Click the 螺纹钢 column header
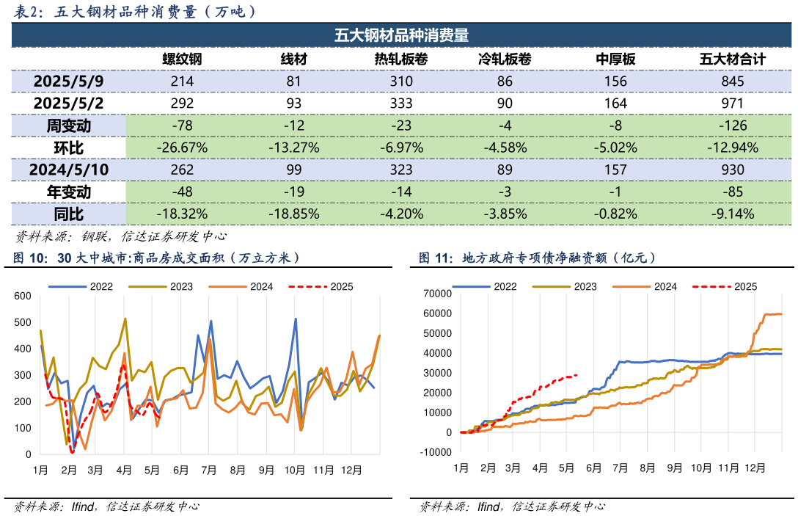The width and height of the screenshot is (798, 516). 182,60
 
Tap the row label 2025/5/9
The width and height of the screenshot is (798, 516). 69,81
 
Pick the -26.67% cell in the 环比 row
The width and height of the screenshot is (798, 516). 182,148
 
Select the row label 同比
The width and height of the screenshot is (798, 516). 69,214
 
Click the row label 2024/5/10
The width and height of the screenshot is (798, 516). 69,170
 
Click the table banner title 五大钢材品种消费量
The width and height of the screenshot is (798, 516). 401,35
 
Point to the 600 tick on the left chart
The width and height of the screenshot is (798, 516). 23,296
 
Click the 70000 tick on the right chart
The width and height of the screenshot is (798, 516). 438,294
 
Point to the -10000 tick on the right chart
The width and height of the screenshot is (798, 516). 436,452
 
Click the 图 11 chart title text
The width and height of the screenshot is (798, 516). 537,258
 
